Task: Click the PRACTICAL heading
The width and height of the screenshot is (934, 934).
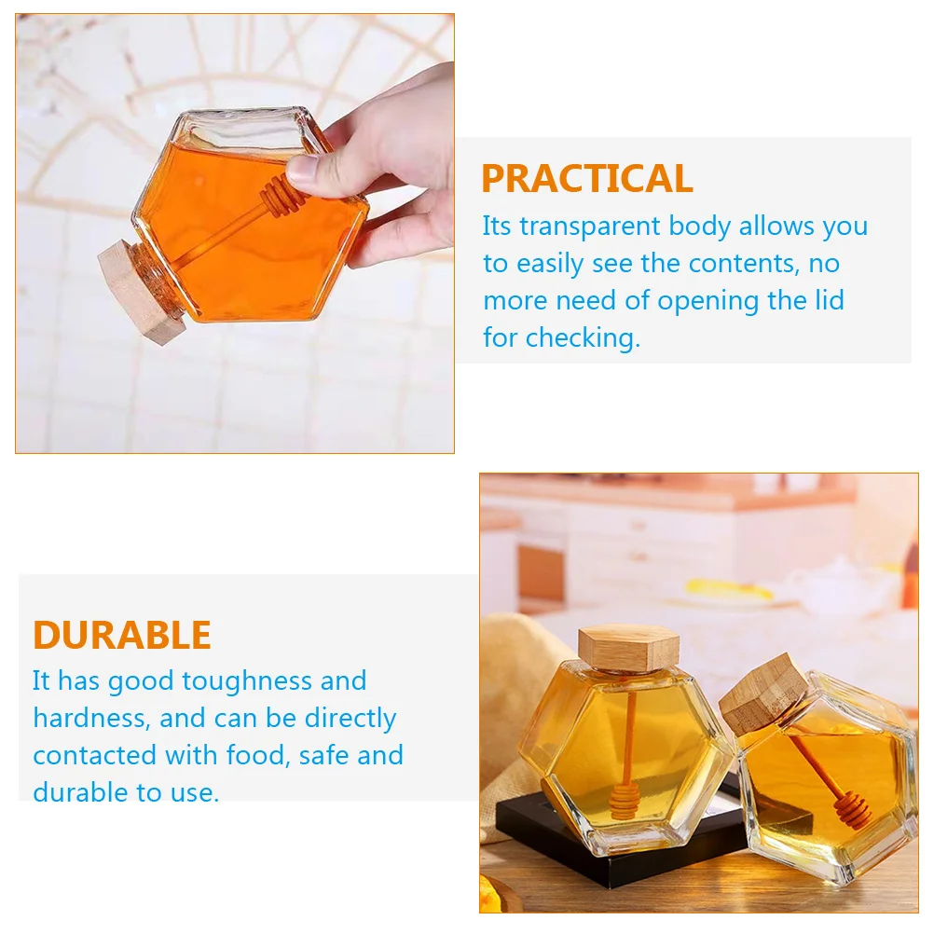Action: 586,178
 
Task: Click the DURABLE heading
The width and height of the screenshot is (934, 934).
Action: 122,635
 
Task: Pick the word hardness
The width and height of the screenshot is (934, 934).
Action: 89,718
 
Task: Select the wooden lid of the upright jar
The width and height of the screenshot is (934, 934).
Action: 628,648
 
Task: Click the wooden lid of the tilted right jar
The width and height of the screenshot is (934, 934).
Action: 764,694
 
